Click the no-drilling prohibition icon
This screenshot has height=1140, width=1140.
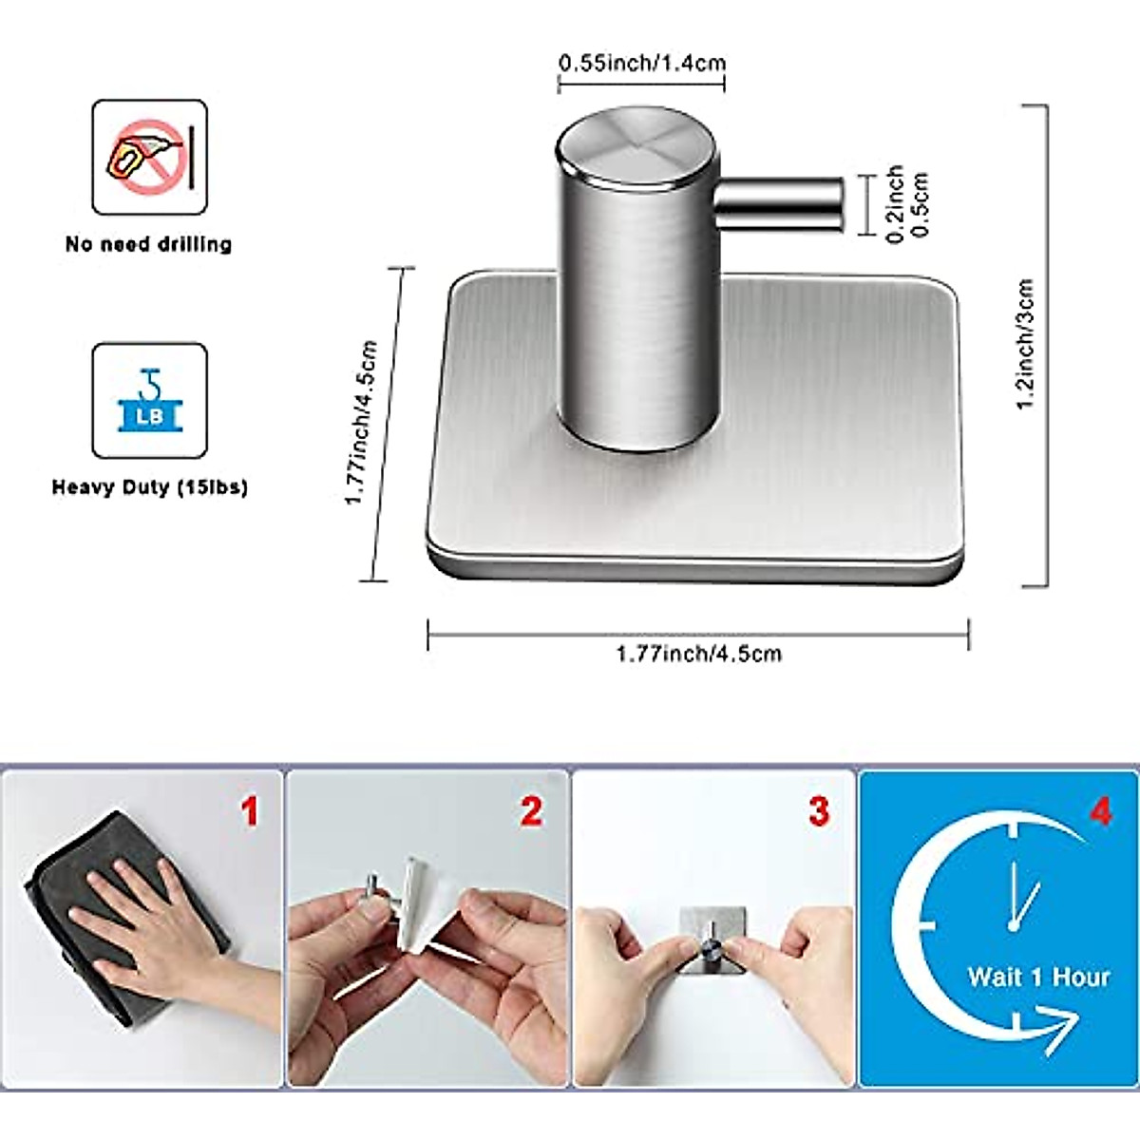tap(149, 156)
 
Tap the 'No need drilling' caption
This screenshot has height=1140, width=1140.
tap(148, 244)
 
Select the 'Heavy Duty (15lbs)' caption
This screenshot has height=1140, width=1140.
tap(149, 487)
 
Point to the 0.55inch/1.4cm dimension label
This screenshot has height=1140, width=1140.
tap(641, 64)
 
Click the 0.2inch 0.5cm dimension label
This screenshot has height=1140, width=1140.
tap(906, 204)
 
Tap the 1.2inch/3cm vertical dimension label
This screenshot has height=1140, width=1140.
tap(1025, 344)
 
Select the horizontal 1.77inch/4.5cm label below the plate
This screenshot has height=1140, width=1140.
tap(698, 654)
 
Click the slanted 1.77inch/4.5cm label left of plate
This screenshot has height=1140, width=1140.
tap(360, 423)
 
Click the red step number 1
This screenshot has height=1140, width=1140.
tap(249, 812)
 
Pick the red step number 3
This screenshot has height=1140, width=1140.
tap(818, 812)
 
